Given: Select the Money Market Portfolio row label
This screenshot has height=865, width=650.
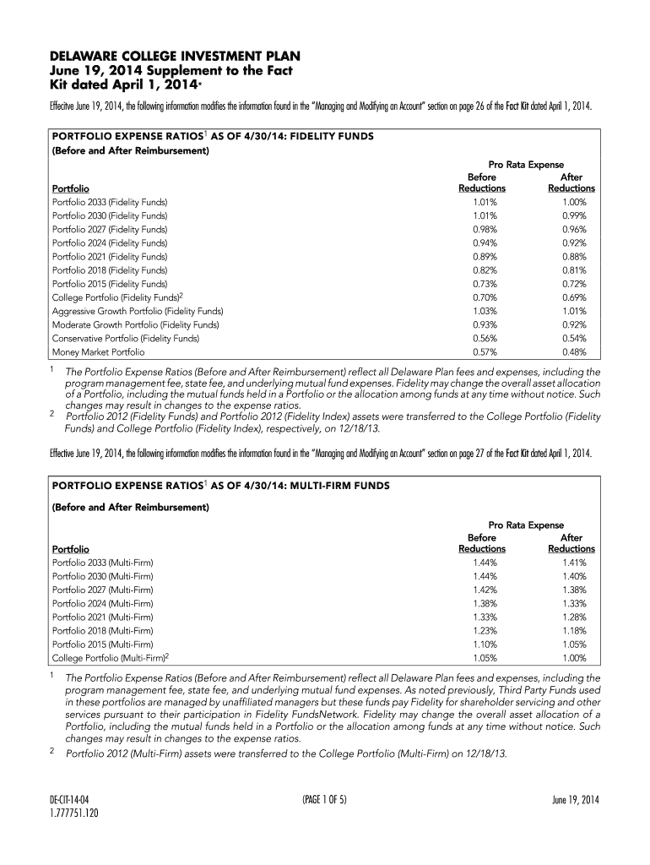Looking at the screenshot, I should click(x=98, y=351).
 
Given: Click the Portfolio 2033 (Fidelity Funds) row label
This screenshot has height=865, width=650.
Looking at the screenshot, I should click(x=110, y=203).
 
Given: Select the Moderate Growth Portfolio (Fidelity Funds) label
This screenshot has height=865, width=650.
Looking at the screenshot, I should click(x=136, y=324).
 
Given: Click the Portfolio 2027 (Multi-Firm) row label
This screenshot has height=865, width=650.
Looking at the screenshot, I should click(x=103, y=590).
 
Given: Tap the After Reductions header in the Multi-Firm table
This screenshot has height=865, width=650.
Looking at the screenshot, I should click(x=571, y=543).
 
